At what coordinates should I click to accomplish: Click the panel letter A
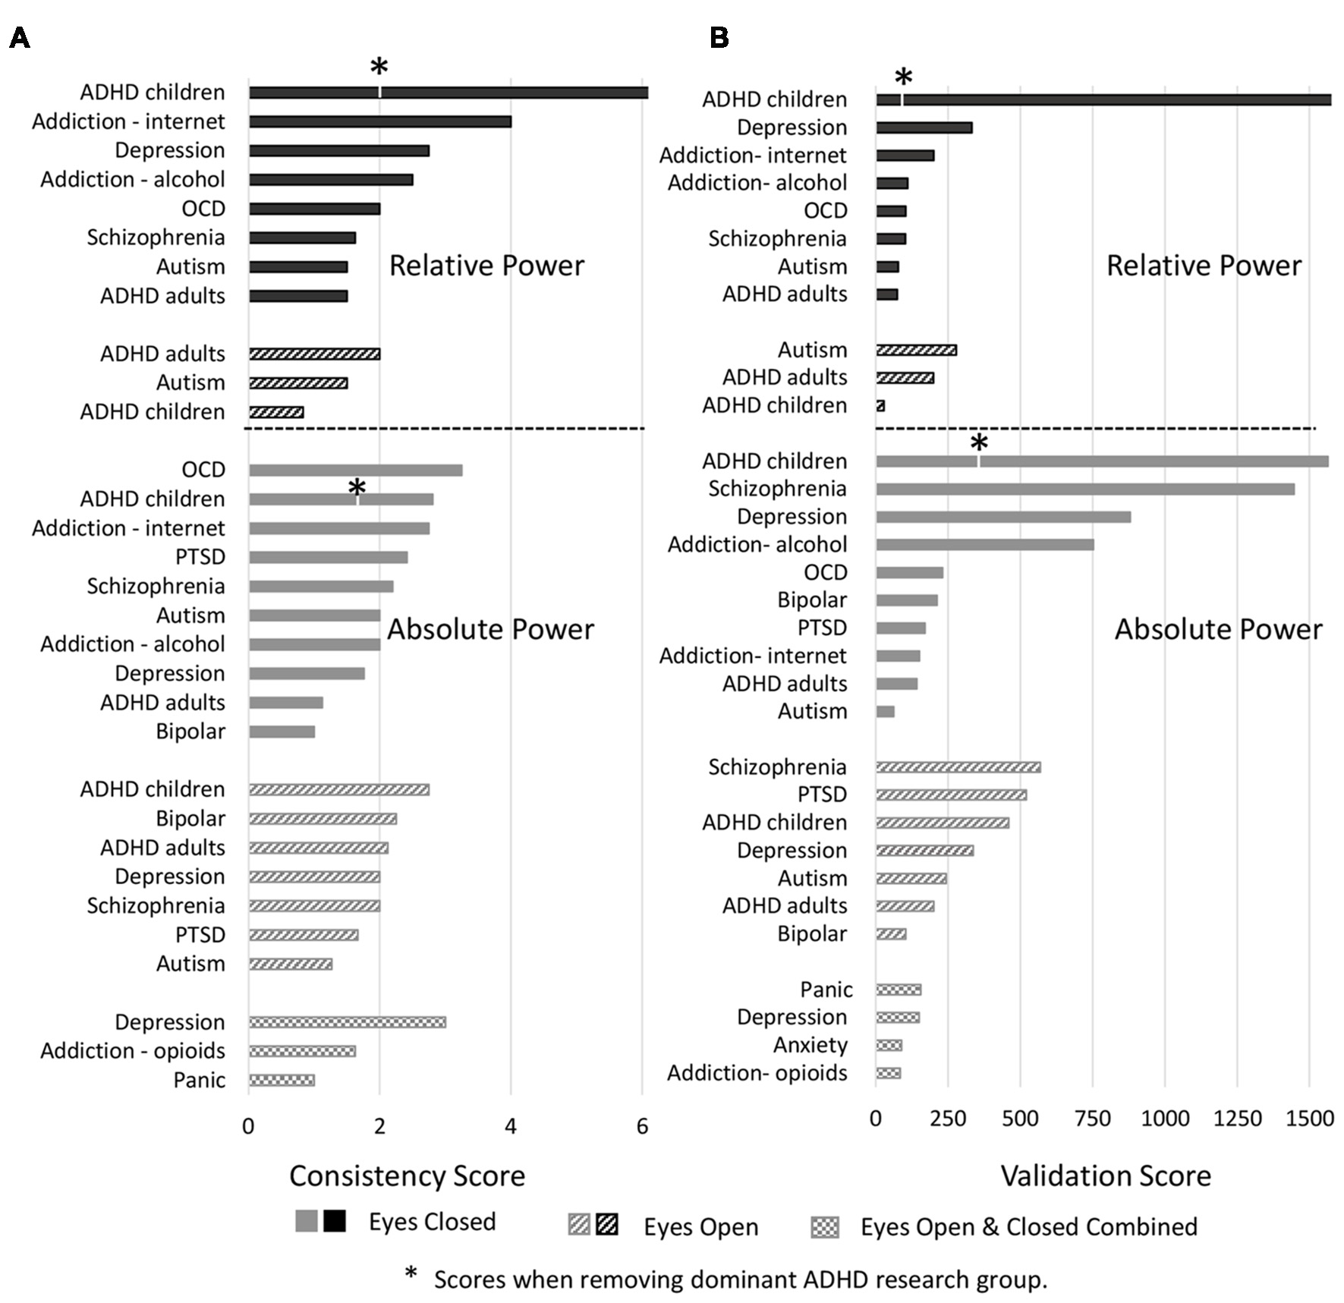click(x=20, y=37)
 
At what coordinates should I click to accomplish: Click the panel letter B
click(x=719, y=37)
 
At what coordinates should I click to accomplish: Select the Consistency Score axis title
click(x=407, y=1176)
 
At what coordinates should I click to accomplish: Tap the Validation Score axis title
click(x=1106, y=1176)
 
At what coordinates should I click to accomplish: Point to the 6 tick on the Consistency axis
click(x=642, y=1126)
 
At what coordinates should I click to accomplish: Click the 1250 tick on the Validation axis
click(x=1237, y=1119)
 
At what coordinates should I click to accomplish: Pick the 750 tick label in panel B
click(x=1093, y=1119)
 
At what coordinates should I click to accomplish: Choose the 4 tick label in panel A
click(x=511, y=1126)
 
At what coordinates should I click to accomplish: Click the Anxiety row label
click(x=810, y=1045)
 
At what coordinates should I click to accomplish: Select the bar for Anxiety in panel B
click(x=889, y=1046)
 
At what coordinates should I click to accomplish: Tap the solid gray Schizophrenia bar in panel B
click(x=1085, y=489)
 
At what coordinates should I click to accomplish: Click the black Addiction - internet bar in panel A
click(x=379, y=121)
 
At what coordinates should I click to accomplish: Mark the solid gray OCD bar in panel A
click(x=355, y=471)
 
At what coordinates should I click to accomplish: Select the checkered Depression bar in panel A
click(x=347, y=1022)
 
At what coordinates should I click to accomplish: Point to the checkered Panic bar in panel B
click(x=899, y=990)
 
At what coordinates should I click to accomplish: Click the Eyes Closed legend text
click(x=432, y=1222)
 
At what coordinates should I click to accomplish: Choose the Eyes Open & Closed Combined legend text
click(x=1028, y=1226)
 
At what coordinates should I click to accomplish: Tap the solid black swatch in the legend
click(x=334, y=1221)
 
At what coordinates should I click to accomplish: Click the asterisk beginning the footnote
click(x=411, y=1274)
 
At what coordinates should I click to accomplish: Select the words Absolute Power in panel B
click(x=1217, y=629)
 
